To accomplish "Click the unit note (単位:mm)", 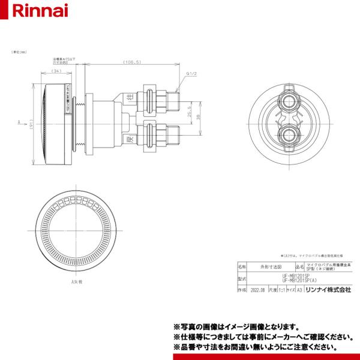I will click(12, 54).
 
